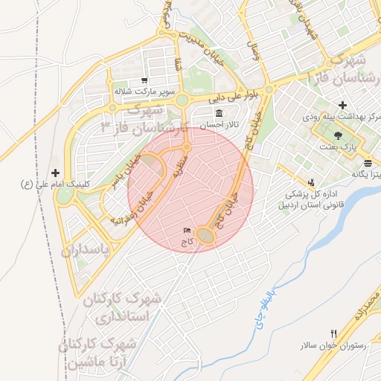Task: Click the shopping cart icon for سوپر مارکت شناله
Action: [x=144, y=80]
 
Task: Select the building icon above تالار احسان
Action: [x=219, y=114]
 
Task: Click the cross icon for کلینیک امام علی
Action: [x=54, y=172]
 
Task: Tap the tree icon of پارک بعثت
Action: [x=339, y=135]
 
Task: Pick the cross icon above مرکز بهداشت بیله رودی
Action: [x=342, y=106]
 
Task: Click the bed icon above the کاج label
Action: [x=187, y=231]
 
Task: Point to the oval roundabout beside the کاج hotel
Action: [x=206, y=236]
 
